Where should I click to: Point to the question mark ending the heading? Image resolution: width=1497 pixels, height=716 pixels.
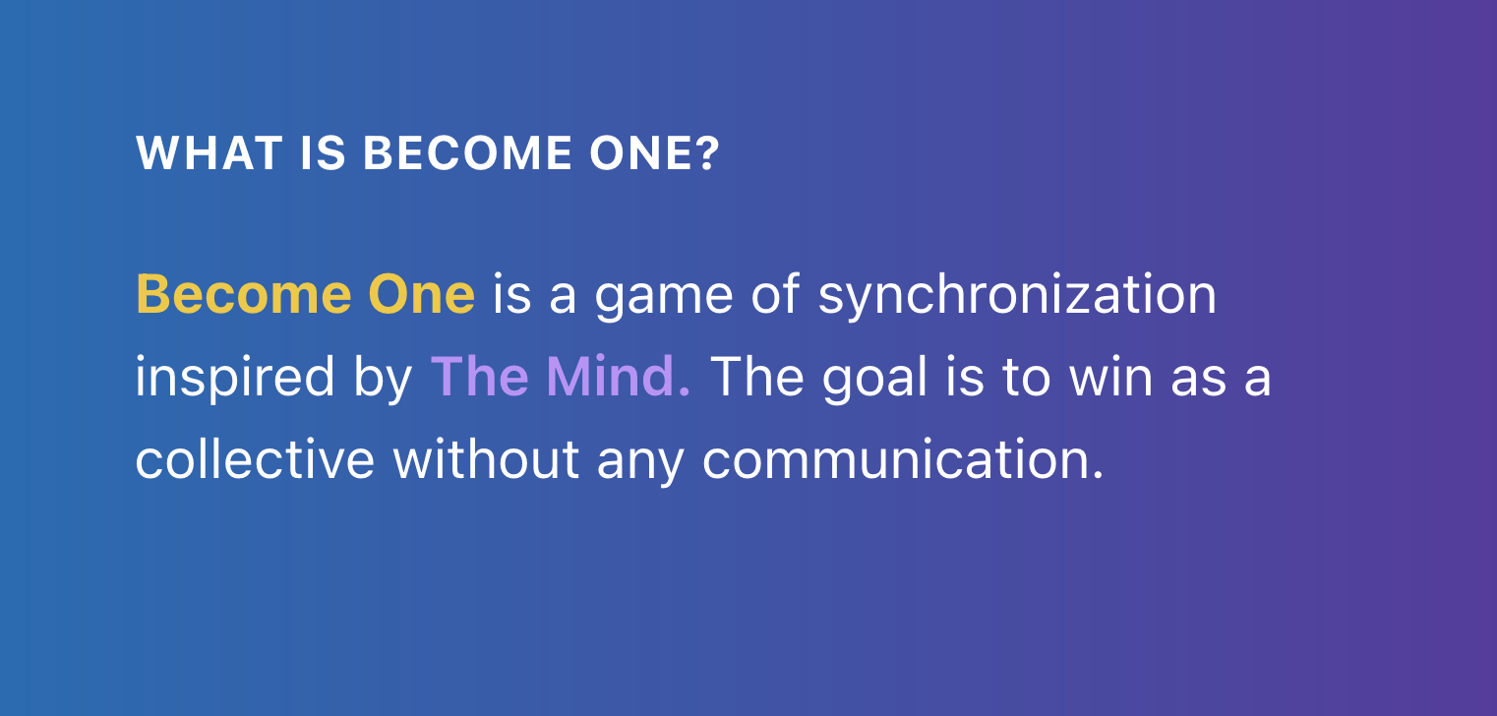[x=708, y=154]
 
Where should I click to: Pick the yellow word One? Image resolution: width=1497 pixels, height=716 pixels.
[x=421, y=295]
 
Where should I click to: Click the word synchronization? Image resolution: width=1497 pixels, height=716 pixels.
[x=1017, y=297]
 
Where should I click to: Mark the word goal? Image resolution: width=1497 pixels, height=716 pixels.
[x=874, y=380]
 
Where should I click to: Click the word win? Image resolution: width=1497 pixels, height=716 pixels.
[x=1107, y=377]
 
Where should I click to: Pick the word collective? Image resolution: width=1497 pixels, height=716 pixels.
[x=255, y=459]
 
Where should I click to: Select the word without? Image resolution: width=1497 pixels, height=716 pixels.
[x=486, y=459]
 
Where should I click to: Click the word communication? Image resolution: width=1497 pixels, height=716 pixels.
[x=903, y=459]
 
